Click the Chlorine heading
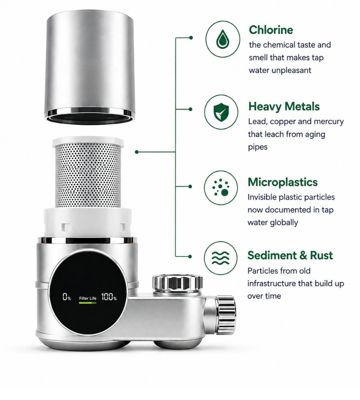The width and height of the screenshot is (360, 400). [x=271, y=30]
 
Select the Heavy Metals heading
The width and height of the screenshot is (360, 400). [x=284, y=107]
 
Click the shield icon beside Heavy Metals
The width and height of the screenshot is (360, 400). [x=221, y=112]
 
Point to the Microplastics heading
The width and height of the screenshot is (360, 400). [x=283, y=182]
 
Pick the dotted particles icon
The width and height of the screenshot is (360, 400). [x=221, y=187]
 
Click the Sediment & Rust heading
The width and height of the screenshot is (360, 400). [x=290, y=255]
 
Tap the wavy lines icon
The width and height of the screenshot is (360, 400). [x=220, y=258]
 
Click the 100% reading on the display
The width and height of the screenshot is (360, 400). [x=109, y=297]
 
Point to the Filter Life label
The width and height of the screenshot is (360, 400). [x=88, y=298]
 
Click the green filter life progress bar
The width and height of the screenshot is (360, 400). [x=88, y=303]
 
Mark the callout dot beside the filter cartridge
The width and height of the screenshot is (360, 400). [x=136, y=152]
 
